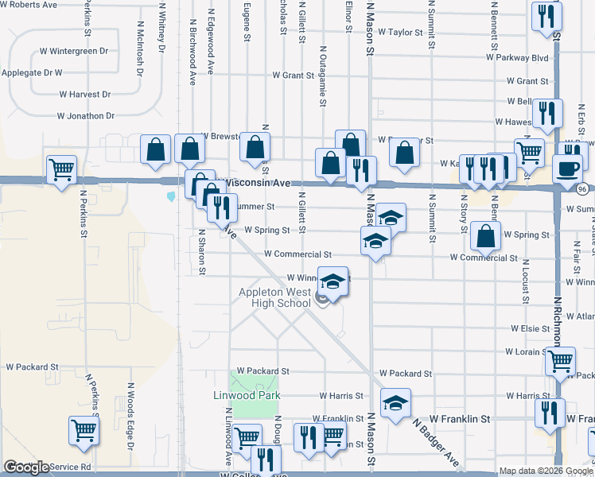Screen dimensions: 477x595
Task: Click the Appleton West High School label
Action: tap(275, 297)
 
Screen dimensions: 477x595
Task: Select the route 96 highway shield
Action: tap(583, 188)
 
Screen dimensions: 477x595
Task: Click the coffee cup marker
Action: tap(568, 169)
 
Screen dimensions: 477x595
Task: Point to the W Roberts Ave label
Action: tap(29, 5)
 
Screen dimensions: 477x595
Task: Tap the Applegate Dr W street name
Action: tap(32, 73)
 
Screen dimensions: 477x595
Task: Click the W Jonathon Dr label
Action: tap(91, 116)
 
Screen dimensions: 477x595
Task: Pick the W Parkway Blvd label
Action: tap(520, 58)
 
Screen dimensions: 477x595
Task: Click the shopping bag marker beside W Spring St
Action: tap(485, 236)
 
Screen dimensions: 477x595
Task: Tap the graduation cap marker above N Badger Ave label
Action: tap(395, 403)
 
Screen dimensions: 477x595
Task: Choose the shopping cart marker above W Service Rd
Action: tap(84, 431)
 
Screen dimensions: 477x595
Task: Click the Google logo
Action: tap(26, 467)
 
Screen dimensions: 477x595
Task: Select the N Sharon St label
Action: tap(202, 252)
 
